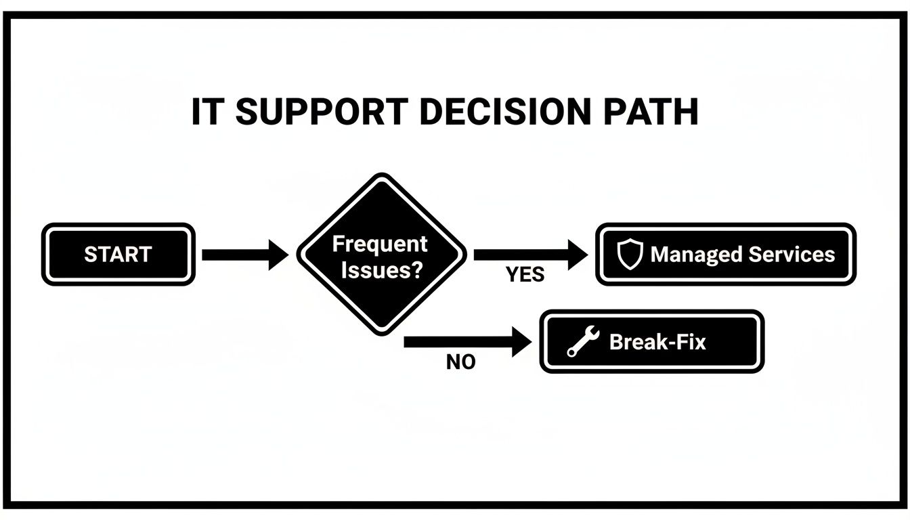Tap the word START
[118, 255]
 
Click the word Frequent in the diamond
[380, 244]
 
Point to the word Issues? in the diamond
[382, 271]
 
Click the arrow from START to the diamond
[244, 255]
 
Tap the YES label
[525, 276]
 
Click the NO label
[461, 363]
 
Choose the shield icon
[629, 255]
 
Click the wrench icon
[582, 341]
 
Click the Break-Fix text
[657, 341]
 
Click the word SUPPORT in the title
[322, 112]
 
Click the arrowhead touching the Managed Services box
[577, 255]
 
